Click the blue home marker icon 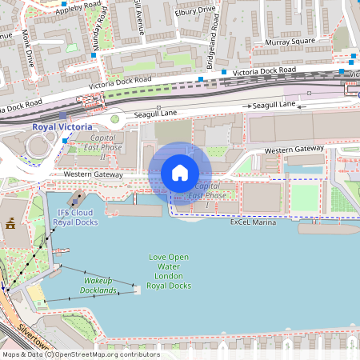pos(180,173)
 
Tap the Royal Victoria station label pos(62,126)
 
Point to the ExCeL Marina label pos(253,222)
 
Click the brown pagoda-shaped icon pos(11,226)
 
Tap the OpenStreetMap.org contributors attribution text pos(104,354)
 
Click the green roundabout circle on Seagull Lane pos(115,119)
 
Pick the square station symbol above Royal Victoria pos(62,115)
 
